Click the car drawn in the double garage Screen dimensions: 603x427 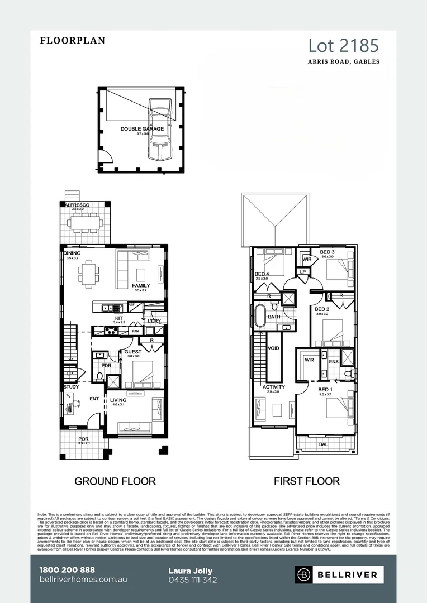160,127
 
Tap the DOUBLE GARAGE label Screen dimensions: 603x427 142,129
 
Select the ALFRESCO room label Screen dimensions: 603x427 77,205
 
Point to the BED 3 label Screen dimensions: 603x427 327,252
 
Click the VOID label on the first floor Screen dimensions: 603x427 274,347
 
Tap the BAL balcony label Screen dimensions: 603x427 323,444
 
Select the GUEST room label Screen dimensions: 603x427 132,352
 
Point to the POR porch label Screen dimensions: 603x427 83,439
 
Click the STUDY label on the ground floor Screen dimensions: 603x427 71,386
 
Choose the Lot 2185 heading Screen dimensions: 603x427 344,45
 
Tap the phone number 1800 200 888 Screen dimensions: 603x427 67,570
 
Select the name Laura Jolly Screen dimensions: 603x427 190,571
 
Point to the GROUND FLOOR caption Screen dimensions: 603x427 115,481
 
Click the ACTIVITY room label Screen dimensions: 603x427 273,387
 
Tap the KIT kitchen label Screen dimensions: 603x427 118,318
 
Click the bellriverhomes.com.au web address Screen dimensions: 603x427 84,580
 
